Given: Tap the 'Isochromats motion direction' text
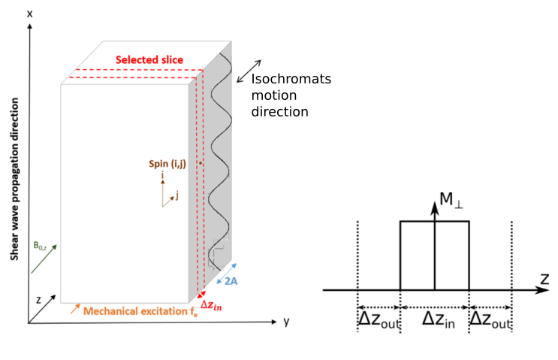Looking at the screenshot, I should pos(291,95).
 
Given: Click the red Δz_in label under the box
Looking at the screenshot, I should pos(211,305).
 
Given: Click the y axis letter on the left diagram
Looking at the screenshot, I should pos(286,322).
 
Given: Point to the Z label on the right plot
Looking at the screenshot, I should pos(544,279).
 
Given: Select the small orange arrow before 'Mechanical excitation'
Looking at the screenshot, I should pos(75,307).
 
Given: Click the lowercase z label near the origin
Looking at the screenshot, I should pos(38,298).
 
